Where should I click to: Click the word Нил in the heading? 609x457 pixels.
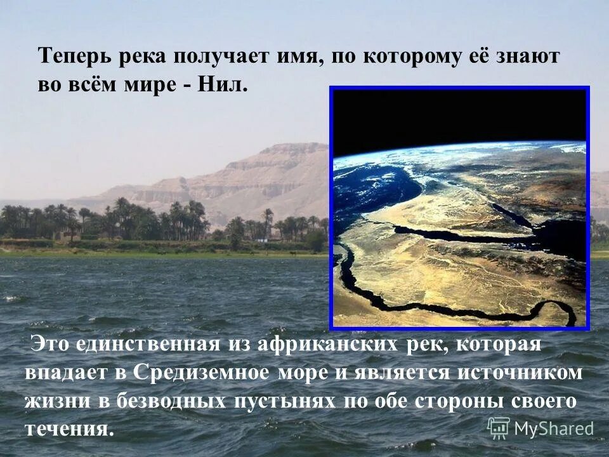tap(222, 84)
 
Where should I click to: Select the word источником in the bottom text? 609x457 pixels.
tap(527, 373)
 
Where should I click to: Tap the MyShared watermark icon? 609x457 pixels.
tap(499, 428)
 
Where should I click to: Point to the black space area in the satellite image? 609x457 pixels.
tap(457, 117)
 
